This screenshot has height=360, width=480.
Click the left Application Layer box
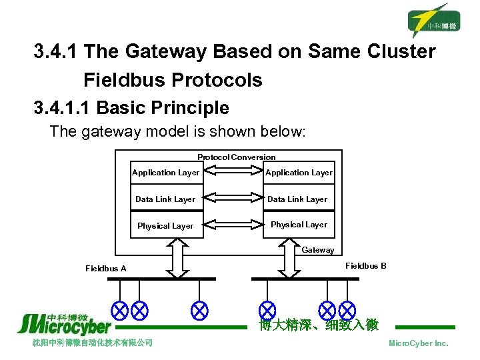tap(166, 173)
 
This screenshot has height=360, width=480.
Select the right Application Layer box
tap(299, 173)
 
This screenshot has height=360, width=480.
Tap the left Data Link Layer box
tap(166, 199)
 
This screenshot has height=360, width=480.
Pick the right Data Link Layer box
tap(297, 199)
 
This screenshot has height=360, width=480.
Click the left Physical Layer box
tap(166, 226)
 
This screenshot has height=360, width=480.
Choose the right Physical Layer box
tap(299, 225)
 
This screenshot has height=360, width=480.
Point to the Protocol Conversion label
tap(236, 157)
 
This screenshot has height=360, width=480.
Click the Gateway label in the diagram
tap(318, 250)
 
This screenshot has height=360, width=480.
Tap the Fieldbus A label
tap(106, 269)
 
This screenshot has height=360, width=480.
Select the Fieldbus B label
tap(365, 266)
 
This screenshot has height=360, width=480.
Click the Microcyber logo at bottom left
tap(65, 324)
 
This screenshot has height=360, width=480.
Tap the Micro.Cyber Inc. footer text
tap(418, 343)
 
